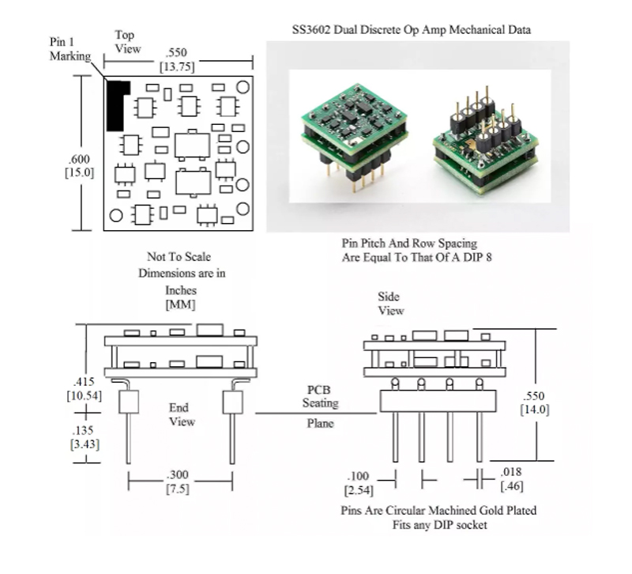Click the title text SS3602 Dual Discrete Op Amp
[411, 29]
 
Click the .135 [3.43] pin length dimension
[85, 437]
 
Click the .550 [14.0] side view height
[534, 402]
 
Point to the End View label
[182, 414]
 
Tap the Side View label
[390, 303]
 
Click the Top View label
[126, 41]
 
